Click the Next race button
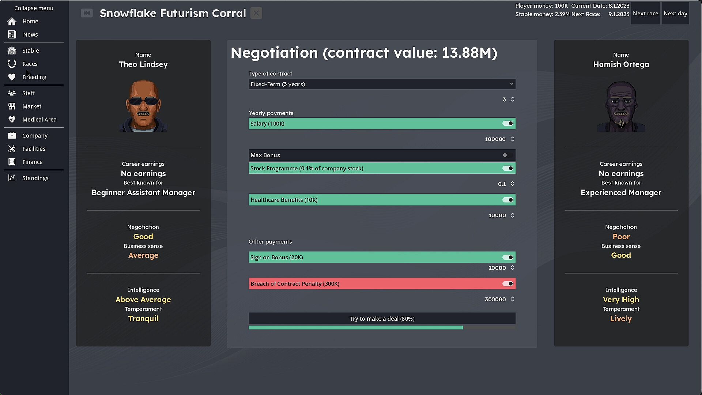645,14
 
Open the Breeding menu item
34,77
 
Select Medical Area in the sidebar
39,120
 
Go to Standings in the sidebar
35,178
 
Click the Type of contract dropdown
382,84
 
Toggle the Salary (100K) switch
507,124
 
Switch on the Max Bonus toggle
507,155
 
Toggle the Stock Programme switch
507,168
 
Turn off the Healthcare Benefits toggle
507,200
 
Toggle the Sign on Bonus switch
507,257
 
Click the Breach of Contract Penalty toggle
507,284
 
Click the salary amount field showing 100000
495,139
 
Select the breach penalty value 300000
495,300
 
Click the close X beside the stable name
256,14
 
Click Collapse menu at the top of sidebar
34,8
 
